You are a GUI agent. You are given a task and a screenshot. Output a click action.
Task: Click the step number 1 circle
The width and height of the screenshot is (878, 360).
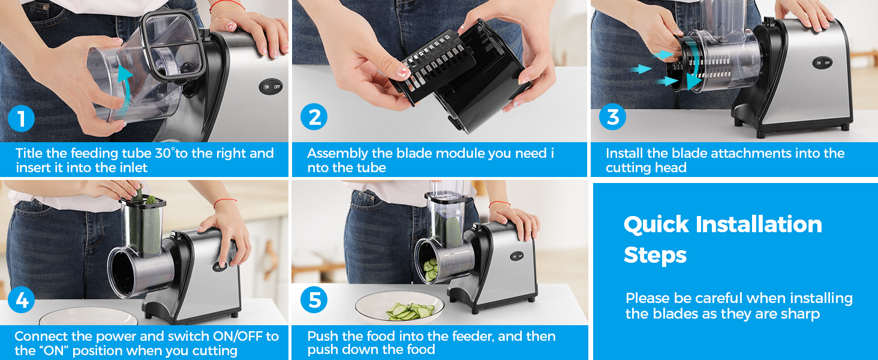[x=22, y=119]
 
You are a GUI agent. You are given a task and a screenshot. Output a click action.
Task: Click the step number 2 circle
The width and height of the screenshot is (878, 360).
[x=314, y=118]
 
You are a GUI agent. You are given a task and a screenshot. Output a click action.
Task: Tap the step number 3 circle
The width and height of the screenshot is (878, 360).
[x=612, y=117]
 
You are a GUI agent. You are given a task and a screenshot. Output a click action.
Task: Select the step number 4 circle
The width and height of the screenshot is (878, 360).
[x=22, y=301]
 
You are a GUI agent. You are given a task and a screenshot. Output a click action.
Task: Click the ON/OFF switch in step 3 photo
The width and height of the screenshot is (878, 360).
[x=822, y=62]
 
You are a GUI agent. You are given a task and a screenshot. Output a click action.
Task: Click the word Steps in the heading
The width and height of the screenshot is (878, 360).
[x=655, y=256]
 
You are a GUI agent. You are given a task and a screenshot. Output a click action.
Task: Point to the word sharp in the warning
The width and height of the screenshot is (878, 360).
[x=798, y=314]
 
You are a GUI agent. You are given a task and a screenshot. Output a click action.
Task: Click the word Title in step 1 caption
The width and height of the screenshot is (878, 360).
[x=29, y=154]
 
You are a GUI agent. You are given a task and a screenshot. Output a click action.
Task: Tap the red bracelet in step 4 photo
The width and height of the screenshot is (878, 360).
[x=225, y=202]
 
